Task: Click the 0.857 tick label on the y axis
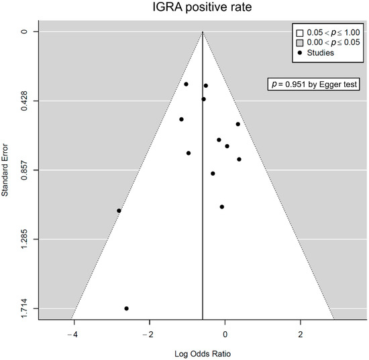pos(23,170)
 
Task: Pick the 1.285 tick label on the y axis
pos(23,239)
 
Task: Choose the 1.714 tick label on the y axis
pos(23,308)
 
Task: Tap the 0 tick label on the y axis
pos(23,32)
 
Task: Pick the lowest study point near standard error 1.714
pos(126,308)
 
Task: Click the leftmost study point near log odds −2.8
pos(119,211)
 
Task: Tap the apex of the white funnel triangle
pos(203,32)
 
